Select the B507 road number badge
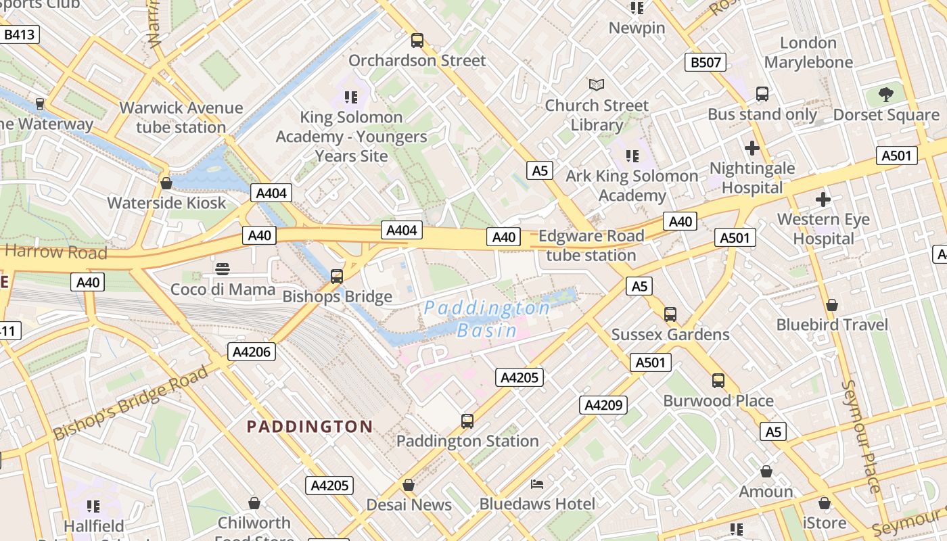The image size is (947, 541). pos(705,63)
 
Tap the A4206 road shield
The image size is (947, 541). pos(252,351)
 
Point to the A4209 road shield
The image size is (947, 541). pos(603,405)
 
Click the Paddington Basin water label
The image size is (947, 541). pos(487,319)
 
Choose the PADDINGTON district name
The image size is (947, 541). pos(309,427)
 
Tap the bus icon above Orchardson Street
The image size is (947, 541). pos(417,41)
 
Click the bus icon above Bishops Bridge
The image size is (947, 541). pos(336,276)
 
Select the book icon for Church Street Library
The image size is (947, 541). pos(596,85)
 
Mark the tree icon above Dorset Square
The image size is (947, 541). pos(885,94)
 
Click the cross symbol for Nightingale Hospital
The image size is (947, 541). pos(752,147)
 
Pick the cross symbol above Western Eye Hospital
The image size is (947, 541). pos(823,199)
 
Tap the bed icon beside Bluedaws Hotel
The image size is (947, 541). pos(537,484)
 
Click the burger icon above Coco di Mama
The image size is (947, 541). pos(222,269)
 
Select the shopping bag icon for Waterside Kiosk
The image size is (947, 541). pos(166,183)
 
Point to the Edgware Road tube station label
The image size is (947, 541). pos(591,245)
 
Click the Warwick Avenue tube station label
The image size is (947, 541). pos(181,118)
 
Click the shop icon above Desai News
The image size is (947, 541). pos(408,485)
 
